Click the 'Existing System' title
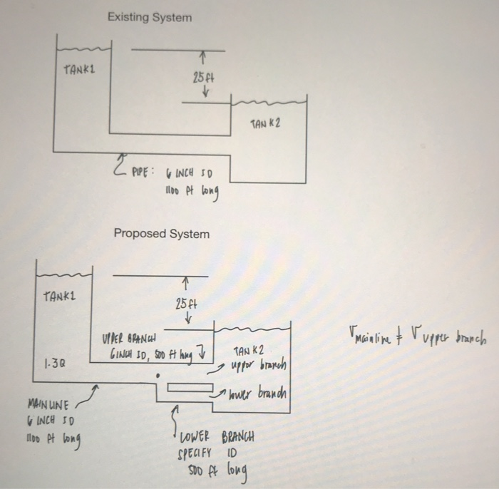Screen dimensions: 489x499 pos(150,16)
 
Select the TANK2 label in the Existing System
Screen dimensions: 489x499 pos(265,123)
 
